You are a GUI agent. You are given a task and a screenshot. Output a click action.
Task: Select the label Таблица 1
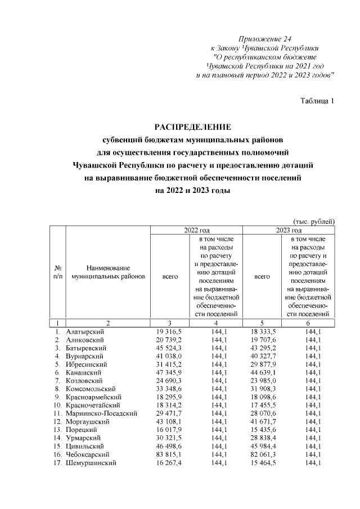318,101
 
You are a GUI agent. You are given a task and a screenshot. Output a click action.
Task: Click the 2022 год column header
197,230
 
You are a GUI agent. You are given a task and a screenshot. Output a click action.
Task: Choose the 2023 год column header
289,230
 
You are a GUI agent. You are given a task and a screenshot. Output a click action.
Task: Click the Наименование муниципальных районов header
109,272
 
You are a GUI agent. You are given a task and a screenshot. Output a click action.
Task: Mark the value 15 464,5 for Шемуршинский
262,462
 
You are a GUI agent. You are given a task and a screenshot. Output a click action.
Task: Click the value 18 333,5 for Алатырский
262,332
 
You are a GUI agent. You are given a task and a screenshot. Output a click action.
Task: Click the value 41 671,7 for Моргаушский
262,421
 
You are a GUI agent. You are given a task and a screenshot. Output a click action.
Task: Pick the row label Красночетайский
89,405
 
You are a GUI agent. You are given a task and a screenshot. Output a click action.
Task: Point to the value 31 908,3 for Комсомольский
262,389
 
